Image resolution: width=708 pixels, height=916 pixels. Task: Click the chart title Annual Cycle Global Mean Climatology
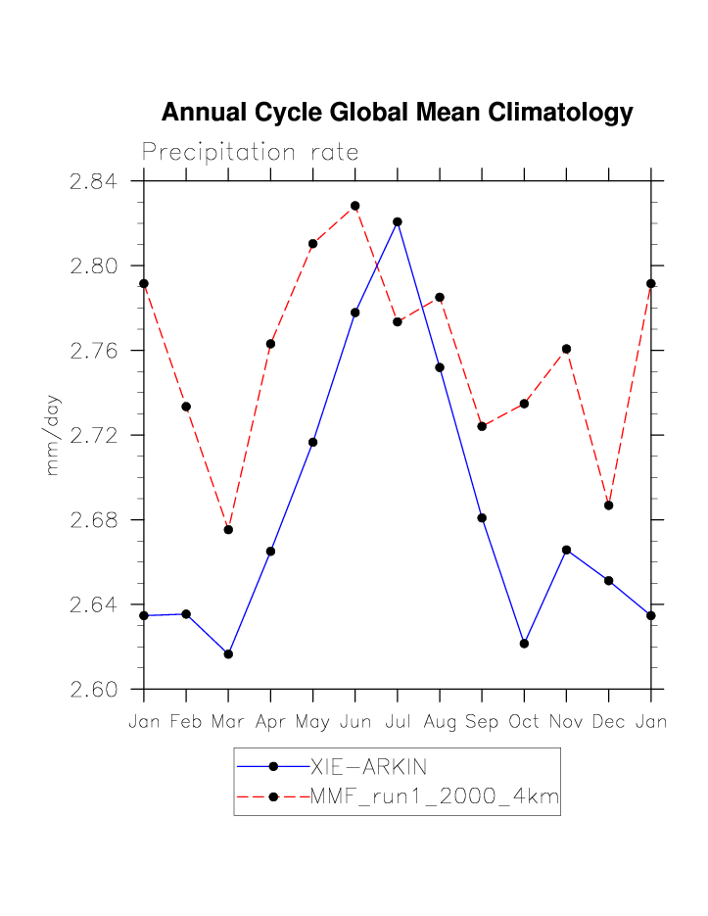coord(397,113)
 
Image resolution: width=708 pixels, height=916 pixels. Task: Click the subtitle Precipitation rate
coord(250,153)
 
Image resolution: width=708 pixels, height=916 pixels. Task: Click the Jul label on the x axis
coord(398,722)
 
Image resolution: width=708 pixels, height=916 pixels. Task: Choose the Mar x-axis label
coord(228,722)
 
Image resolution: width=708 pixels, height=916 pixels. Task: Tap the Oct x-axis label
coord(524,722)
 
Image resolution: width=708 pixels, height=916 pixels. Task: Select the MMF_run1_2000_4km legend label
coord(434,797)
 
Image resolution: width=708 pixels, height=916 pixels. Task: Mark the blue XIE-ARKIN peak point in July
coord(398,221)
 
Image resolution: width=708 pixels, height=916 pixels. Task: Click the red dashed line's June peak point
coord(355,206)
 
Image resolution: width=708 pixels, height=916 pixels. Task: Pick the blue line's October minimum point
coord(524,644)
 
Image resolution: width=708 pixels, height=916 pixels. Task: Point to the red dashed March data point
coord(228,529)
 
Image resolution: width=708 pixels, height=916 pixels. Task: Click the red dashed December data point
coord(609,506)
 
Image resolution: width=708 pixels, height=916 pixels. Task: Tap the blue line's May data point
coord(313,442)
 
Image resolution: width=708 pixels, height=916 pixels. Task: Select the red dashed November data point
coord(566,349)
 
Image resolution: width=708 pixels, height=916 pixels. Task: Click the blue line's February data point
coord(186,614)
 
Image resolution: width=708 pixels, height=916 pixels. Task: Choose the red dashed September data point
coord(482,426)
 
